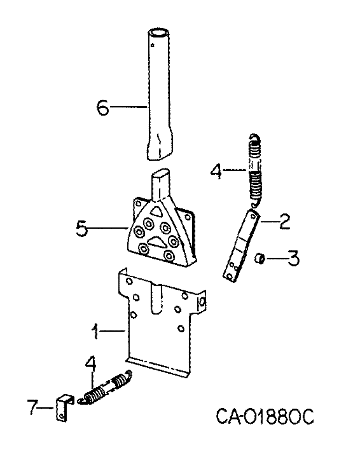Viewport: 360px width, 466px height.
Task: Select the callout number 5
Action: tap(82, 229)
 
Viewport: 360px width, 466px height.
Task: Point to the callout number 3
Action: tap(292, 258)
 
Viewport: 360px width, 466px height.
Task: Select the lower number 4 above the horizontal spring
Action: tap(91, 366)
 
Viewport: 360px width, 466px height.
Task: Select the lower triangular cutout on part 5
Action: tap(156, 241)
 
